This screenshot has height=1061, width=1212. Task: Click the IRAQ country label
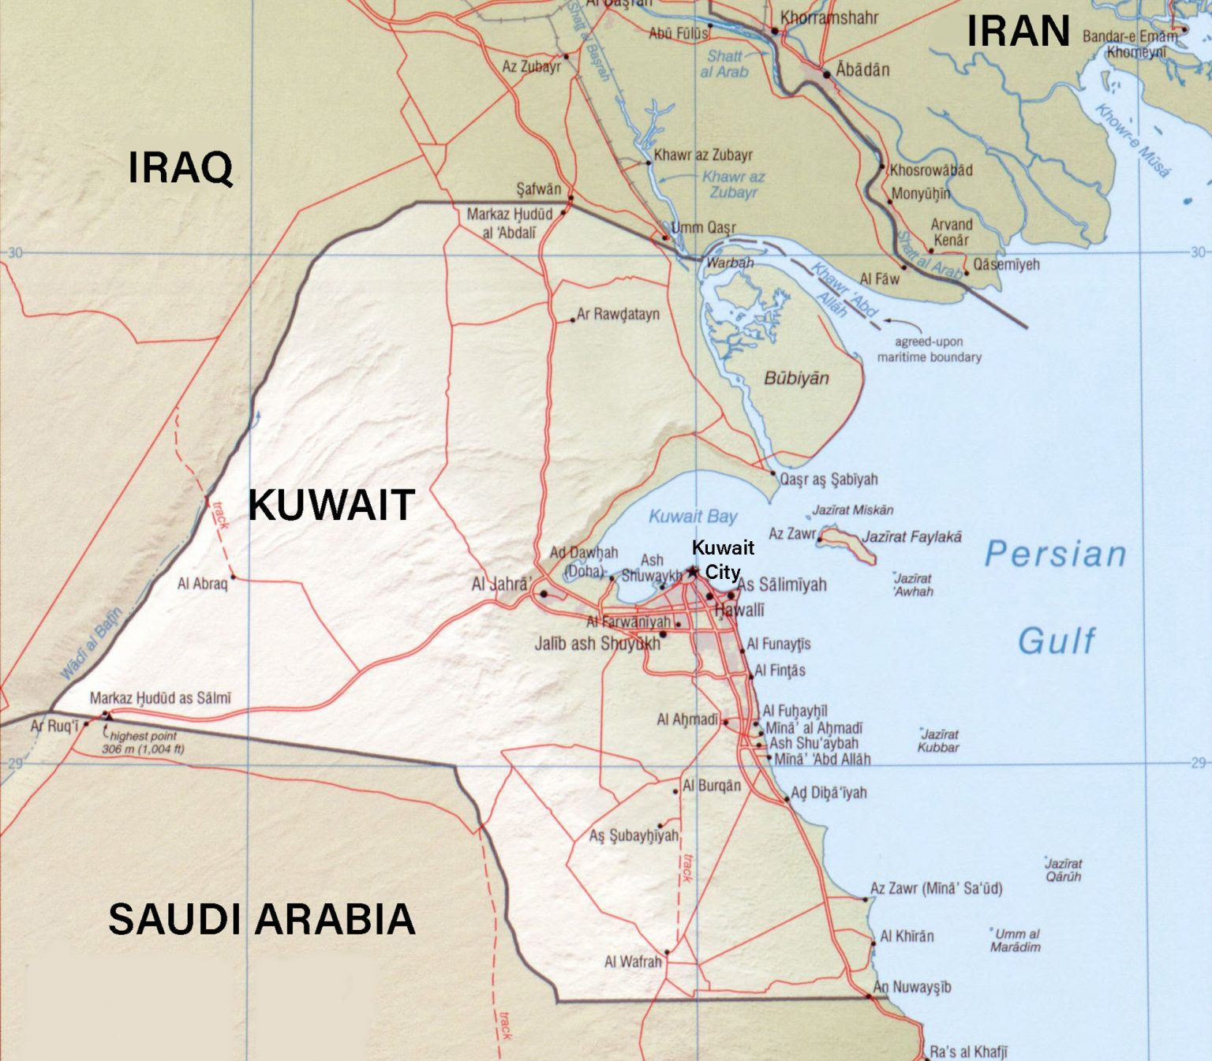click(181, 168)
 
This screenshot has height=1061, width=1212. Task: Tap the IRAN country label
click(1018, 32)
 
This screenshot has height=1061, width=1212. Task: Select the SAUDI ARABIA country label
click(261, 920)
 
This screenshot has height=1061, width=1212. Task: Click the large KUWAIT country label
click(331, 506)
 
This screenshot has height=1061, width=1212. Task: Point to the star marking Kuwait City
click(693, 571)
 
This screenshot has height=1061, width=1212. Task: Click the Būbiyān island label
click(796, 379)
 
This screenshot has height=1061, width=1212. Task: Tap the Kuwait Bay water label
click(693, 517)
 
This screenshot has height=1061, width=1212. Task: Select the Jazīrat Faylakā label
click(911, 537)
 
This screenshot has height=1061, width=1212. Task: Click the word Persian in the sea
click(1055, 555)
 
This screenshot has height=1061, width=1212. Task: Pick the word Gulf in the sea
click(1057, 641)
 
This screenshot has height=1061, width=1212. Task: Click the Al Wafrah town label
click(633, 962)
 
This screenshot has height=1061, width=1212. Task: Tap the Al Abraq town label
click(202, 584)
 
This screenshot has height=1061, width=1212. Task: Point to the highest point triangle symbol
click(107, 715)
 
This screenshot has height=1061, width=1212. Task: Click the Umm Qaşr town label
click(703, 228)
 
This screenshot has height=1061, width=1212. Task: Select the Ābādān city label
click(862, 70)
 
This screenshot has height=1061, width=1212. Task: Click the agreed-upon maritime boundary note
click(929, 349)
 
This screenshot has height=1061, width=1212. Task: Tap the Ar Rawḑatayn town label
click(618, 314)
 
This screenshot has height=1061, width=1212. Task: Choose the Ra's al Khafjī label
click(968, 1052)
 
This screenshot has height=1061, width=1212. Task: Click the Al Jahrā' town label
click(501, 585)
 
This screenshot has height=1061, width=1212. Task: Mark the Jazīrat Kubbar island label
click(938, 741)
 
